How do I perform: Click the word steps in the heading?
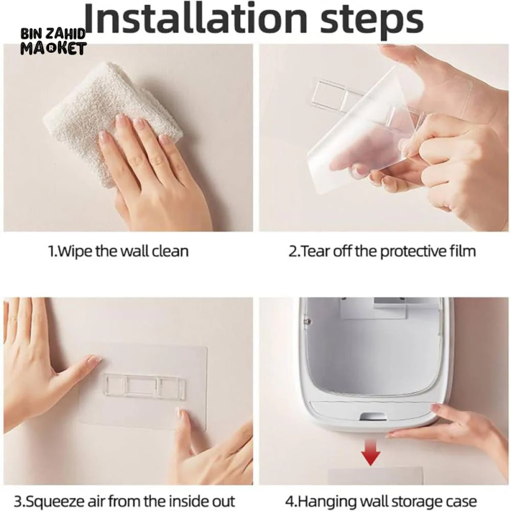(x=372, y=20)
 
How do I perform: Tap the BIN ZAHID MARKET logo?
(x=54, y=41)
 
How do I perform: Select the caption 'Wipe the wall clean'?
(x=118, y=251)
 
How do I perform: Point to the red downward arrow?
(x=371, y=452)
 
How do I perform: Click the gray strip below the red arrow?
(x=375, y=476)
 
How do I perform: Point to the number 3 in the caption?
(x=18, y=501)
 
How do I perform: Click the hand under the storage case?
(x=456, y=433)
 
